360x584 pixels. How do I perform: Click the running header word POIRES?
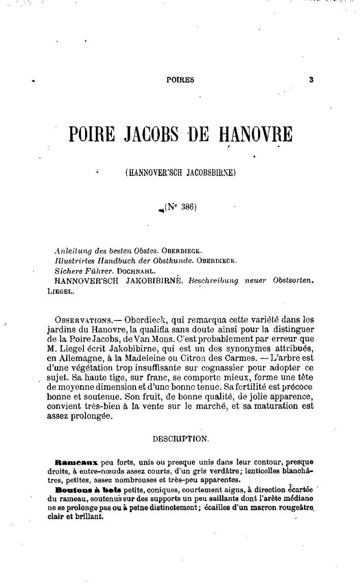180,79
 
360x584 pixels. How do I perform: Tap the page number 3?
311,79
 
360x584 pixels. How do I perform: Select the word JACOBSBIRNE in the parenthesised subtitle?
209,173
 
